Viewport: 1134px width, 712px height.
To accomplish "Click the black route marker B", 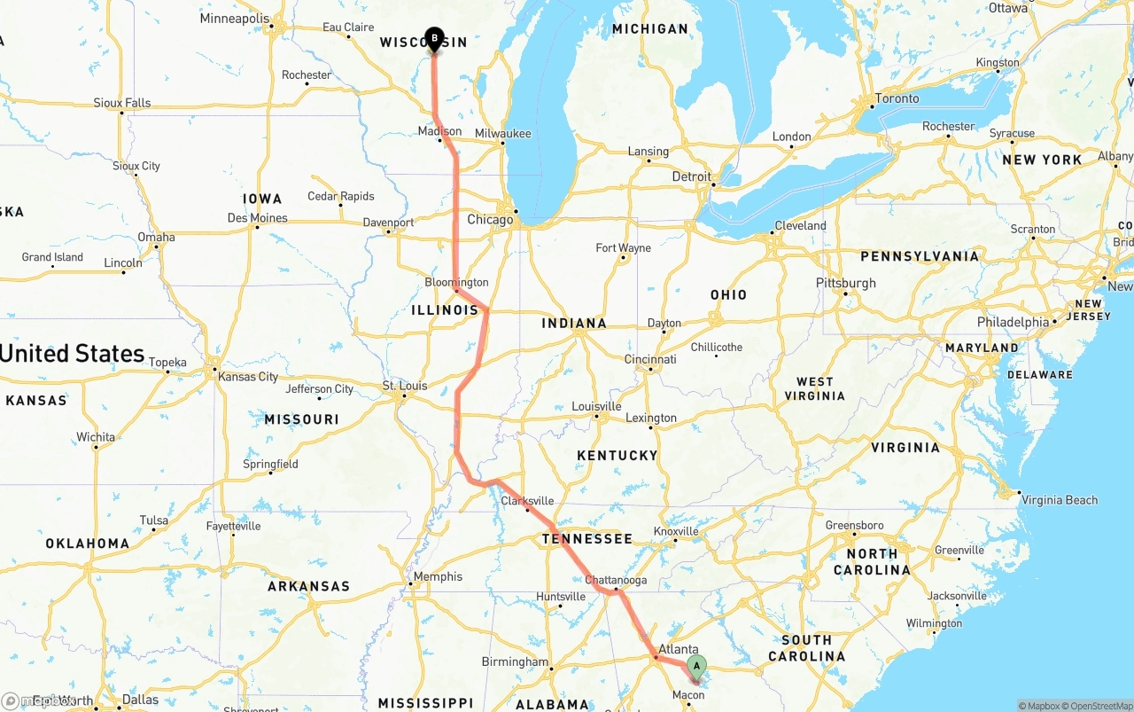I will point(434,38).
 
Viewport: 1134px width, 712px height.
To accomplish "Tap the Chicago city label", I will point(490,219).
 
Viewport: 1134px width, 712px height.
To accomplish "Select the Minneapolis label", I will point(235,19).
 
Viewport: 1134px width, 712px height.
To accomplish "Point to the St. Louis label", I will point(404,386).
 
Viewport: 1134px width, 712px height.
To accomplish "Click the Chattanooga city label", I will point(616,580).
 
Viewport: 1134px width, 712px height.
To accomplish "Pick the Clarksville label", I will point(527,500).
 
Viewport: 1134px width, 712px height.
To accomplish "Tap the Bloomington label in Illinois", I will point(456,282).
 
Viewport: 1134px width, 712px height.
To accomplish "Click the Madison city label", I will point(439,131).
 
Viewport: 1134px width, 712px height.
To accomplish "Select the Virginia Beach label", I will point(1060,500).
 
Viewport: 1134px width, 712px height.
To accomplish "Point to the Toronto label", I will point(897,98).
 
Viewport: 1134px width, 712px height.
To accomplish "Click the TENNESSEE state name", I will point(587,538).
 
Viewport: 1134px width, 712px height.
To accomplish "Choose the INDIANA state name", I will point(574,324).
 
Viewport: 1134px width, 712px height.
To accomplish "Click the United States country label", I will point(72,353).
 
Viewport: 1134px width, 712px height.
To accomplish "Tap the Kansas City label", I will point(248,377).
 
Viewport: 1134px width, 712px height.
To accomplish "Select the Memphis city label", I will point(438,576).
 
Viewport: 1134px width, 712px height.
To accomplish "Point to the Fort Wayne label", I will point(623,248).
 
